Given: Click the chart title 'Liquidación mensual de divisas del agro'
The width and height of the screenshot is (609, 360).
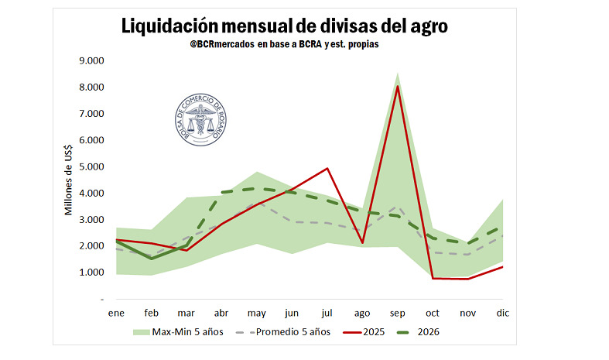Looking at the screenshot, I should (x=285, y=26).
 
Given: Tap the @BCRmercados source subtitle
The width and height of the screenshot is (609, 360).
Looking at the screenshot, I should (x=285, y=45).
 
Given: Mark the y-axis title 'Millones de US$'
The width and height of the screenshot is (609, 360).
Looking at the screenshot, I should (x=69, y=180).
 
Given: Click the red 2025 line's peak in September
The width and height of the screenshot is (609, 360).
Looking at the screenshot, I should (x=398, y=86).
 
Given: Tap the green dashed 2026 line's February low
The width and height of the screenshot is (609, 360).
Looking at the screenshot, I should (x=151, y=259).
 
